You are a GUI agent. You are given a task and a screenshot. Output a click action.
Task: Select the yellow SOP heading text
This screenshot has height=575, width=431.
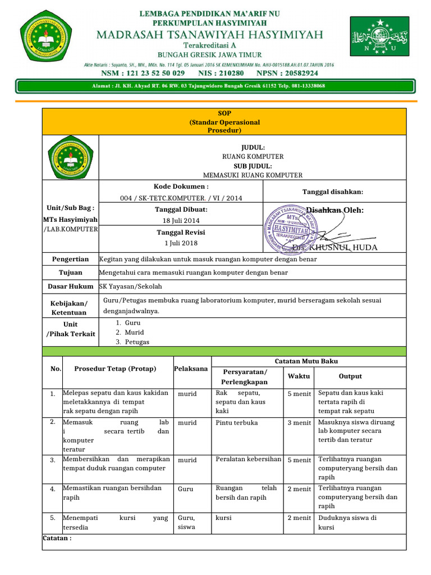point(224,122)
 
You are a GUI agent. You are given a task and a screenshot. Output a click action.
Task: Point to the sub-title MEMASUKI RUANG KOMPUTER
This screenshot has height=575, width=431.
point(253,175)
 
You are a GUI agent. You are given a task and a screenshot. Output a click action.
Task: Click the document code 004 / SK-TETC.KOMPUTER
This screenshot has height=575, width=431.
point(181,198)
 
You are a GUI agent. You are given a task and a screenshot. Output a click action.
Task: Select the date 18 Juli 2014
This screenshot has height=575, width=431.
point(181,220)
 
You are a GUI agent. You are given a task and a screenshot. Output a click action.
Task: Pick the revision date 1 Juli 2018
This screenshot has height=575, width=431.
point(181,243)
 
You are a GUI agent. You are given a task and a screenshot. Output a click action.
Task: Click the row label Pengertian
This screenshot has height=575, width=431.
point(70,259)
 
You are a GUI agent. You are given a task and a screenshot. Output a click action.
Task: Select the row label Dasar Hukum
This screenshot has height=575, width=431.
point(70,286)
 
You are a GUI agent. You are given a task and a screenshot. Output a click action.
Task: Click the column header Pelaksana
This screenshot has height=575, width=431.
point(191,369)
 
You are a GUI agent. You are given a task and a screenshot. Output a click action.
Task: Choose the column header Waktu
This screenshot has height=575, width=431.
point(299,376)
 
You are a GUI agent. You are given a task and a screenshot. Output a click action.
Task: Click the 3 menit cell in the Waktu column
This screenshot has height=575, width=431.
point(299,422)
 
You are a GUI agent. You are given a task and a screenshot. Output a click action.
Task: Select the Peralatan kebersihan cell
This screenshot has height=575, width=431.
point(248,459)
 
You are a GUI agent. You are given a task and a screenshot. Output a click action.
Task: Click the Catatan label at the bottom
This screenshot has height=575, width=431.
point(57,538)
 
